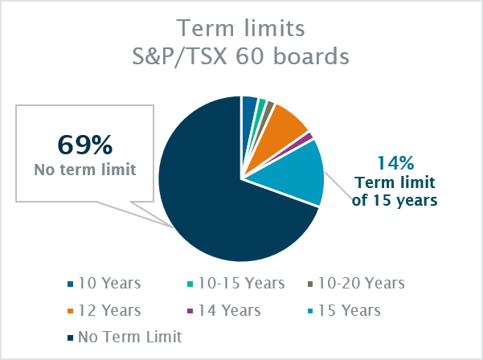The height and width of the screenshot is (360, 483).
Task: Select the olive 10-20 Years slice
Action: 268,108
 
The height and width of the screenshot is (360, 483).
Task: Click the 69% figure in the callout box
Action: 85,145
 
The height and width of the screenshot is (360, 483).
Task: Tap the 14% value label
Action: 395,163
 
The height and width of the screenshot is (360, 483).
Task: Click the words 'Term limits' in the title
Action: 240,28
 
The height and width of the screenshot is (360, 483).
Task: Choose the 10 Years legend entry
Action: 104,283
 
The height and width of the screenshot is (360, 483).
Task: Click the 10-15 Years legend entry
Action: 236,283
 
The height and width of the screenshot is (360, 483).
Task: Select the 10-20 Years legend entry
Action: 356,283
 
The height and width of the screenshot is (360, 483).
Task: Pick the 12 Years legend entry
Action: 104,310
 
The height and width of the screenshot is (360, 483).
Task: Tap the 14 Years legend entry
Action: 224,310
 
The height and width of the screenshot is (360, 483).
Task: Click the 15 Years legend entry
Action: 344,310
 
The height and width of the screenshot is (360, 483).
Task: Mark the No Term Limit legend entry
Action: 125,337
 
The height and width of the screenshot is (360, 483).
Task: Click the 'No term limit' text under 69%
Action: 85,170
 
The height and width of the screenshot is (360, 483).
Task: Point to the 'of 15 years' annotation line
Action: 395,200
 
